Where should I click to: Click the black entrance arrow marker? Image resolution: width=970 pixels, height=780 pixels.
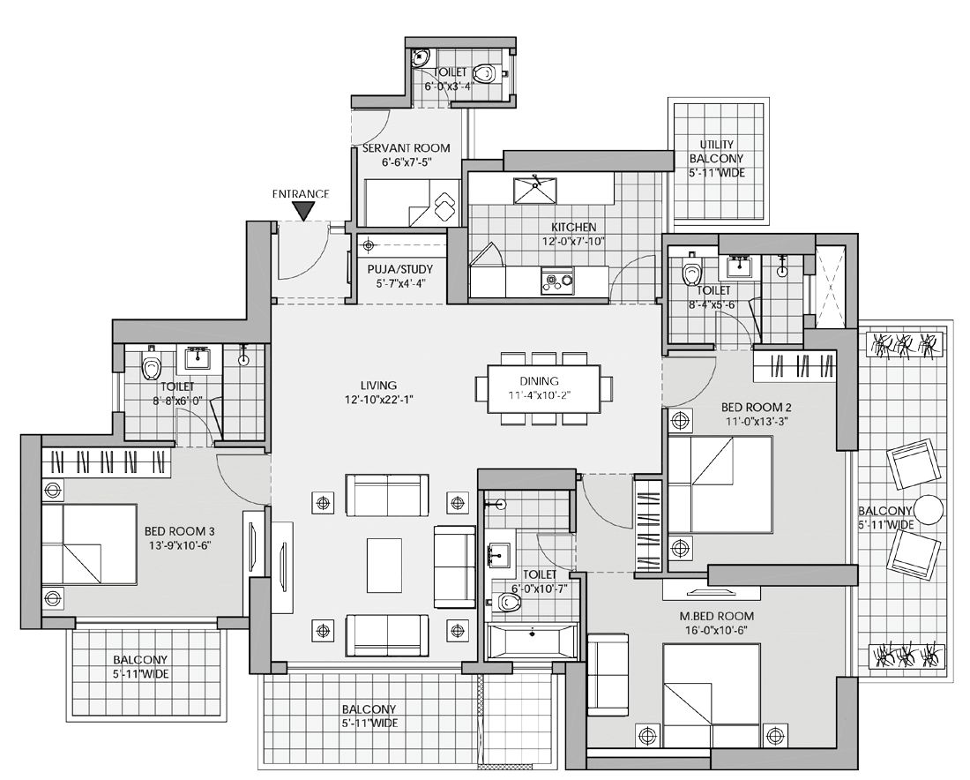tap(302, 211)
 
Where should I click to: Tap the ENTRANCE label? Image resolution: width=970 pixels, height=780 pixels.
tap(301, 194)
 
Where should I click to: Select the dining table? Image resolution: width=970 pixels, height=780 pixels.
tap(544, 389)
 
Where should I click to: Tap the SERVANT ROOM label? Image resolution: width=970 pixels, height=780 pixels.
tap(406, 148)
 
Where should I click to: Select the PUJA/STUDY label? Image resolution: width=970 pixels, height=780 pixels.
tap(399, 269)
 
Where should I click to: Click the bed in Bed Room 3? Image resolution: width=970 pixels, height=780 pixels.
tap(90, 544)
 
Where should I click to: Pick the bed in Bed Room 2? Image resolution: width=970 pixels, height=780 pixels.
tap(720, 484)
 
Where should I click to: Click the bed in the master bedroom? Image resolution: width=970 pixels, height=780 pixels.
tap(712, 695)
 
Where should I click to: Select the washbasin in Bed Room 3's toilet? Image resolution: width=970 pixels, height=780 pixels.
tap(198, 358)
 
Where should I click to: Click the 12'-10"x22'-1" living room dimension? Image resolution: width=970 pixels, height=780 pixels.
tap(379, 400)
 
